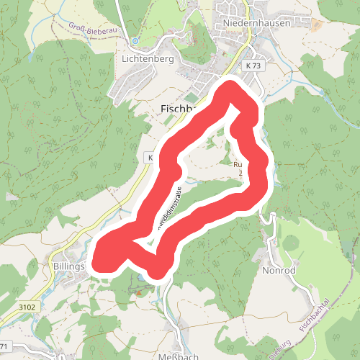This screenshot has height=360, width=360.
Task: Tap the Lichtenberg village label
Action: point(148,59)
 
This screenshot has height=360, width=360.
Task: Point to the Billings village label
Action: point(69,266)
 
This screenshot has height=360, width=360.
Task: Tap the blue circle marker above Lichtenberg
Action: point(134,40)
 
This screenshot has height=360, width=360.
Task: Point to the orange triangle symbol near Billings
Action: point(138,293)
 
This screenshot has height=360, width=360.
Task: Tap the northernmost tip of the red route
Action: point(231,86)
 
